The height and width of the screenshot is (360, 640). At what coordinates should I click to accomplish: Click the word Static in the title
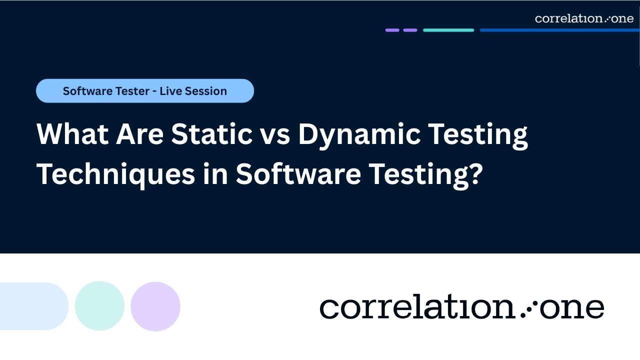tap(211, 134)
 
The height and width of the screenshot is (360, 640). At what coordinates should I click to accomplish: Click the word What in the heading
tap(71, 134)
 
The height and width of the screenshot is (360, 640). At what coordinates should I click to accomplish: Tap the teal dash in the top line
tap(448, 30)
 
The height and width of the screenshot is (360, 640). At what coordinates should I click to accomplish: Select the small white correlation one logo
tap(584, 18)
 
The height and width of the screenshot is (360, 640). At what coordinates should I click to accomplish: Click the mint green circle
tap(99, 306)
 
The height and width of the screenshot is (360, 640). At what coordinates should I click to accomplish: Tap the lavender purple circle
tap(155, 306)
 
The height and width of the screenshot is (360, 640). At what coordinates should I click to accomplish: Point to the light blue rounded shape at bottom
tap(32, 306)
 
